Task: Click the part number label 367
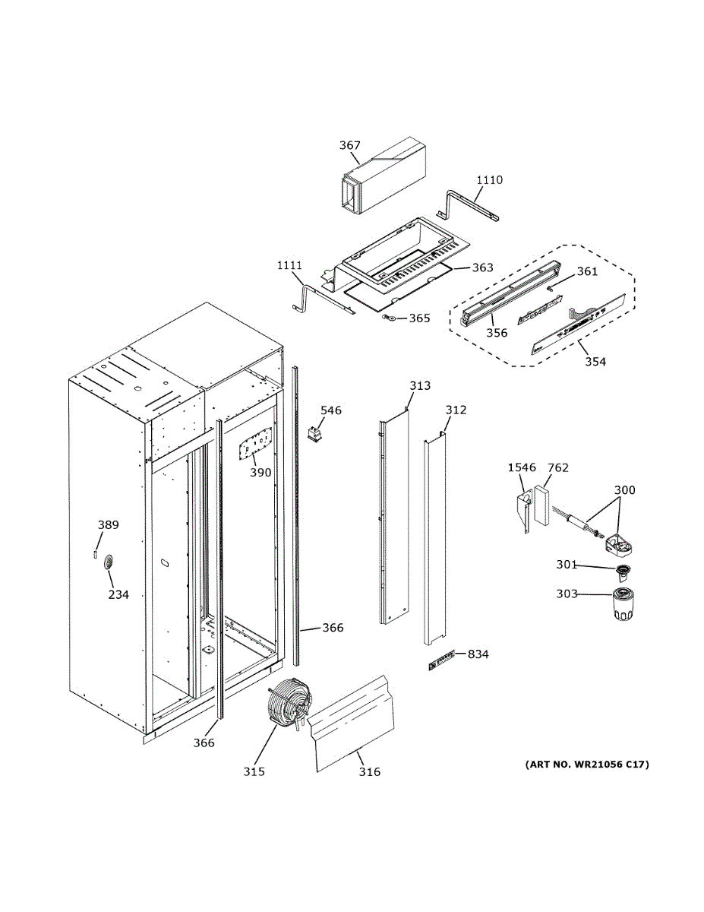tap(350, 145)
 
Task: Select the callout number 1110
tap(489, 180)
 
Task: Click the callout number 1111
tap(289, 265)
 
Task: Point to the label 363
tap(482, 268)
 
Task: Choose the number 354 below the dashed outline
tap(595, 362)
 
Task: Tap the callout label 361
tap(587, 271)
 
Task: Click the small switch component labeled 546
tap(313, 435)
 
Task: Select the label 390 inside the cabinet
tap(260, 473)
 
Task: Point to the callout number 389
tap(108, 525)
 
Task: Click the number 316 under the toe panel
tap(370, 772)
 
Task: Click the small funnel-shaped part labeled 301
tap(623, 571)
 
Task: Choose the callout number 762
tap(557, 468)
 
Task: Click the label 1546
tap(522, 468)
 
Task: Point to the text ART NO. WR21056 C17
tap(587, 765)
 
